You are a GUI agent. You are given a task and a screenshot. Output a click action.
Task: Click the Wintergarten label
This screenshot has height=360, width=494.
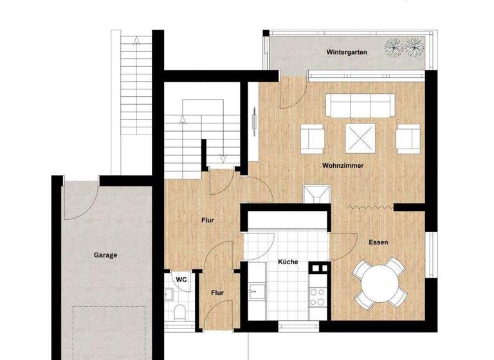[347, 52]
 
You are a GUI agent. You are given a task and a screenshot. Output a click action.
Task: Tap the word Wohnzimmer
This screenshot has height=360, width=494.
[343, 166]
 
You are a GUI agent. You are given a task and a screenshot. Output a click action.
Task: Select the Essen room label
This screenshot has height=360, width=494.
[378, 242]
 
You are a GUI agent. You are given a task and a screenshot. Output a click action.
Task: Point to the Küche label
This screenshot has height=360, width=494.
[288, 262]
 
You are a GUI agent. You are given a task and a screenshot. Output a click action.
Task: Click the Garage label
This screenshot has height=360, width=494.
[105, 255]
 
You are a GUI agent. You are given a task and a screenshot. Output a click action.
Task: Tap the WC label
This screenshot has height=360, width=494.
[181, 280]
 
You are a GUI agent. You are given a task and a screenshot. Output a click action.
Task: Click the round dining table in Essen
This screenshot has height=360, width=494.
[380, 282]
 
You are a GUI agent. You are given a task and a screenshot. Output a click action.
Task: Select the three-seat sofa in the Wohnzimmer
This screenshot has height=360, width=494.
[360, 105]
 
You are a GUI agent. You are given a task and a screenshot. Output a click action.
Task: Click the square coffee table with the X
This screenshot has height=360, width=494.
[357, 136]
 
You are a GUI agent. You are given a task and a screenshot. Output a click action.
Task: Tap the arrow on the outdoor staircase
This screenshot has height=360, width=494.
[136, 40]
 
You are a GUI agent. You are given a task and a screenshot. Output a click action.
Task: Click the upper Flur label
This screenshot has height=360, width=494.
[206, 221]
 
